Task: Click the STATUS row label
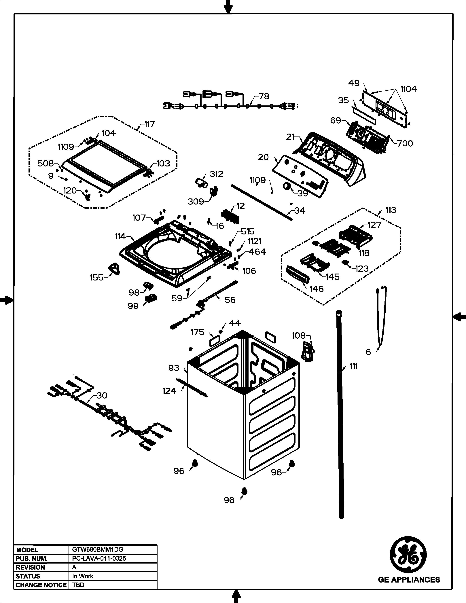[x=28, y=576]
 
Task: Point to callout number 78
[x=264, y=96]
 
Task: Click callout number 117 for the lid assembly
[x=149, y=124]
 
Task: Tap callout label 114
[x=120, y=236]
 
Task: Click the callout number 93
[x=174, y=368]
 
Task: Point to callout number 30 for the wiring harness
[x=102, y=396]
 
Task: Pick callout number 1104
[x=409, y=89]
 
